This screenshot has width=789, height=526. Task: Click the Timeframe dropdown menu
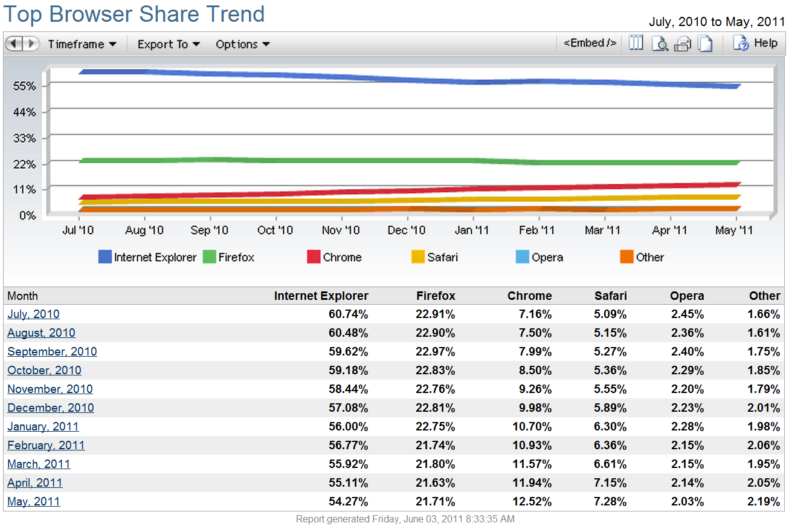[82, 44]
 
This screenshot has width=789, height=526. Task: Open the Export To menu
[169, 44]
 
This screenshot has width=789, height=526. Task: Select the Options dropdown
[242, 44]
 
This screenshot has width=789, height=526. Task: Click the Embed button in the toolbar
[590, 44]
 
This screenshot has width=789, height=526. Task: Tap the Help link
[756, 44]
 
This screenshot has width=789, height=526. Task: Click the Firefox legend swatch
[209, 257]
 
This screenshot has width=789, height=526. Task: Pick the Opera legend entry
[539, 257]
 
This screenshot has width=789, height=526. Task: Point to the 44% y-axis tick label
[25, 112]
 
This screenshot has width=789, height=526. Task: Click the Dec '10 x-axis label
[407, 230]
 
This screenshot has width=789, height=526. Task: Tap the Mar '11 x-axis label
[602, 230]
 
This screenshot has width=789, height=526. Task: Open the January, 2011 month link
[43, 426]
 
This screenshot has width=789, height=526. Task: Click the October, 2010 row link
[44, 370]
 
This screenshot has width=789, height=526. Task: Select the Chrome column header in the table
[529, 296]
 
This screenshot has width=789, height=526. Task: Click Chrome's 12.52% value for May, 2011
[532, 501]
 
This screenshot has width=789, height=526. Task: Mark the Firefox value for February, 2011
[435, 445]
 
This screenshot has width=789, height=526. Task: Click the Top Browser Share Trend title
[135, 15]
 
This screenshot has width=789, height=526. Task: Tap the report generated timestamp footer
[405, 519]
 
